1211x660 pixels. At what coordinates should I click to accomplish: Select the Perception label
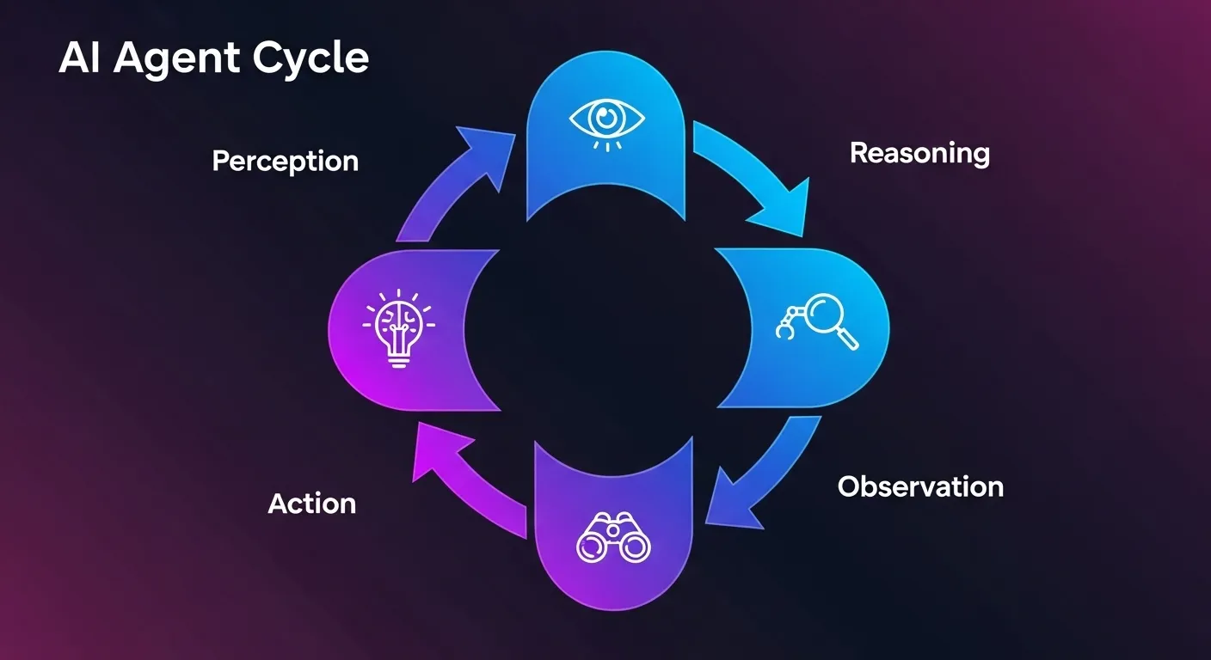[285, 161]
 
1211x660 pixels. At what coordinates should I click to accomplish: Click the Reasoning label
[919, 153]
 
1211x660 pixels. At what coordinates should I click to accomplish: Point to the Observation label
[920, 486]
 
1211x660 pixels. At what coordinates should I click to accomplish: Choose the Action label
[311, 503]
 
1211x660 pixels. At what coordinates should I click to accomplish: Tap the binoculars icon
[613, 539]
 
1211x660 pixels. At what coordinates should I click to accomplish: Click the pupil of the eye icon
[607, 116]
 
